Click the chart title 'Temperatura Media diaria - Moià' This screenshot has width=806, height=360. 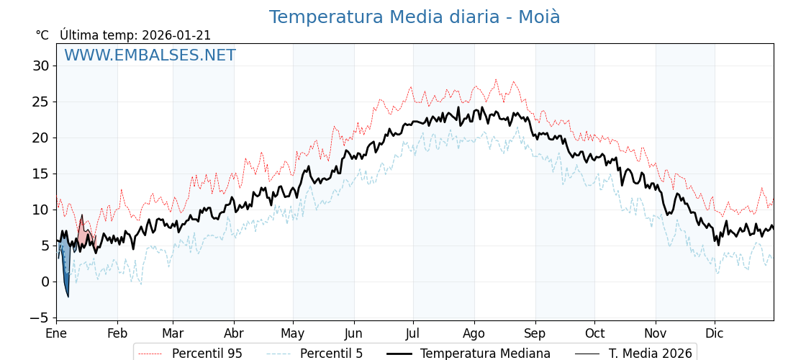point(415,17)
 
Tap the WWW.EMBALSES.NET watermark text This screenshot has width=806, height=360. point(150,55)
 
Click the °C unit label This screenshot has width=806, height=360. point(42,35)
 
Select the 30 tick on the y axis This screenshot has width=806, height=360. point(40,66)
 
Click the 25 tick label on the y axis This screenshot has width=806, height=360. point(40,102)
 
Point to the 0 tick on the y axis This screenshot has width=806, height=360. point(45,282)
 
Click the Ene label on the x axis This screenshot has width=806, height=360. point(56,333)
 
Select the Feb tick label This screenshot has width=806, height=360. point(117,333)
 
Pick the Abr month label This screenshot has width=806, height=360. point(234,333)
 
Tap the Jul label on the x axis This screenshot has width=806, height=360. point(413,333)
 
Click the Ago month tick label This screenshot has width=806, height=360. point(474,333)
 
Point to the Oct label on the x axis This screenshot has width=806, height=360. point(594,333)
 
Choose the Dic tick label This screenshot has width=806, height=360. point(715,333)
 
